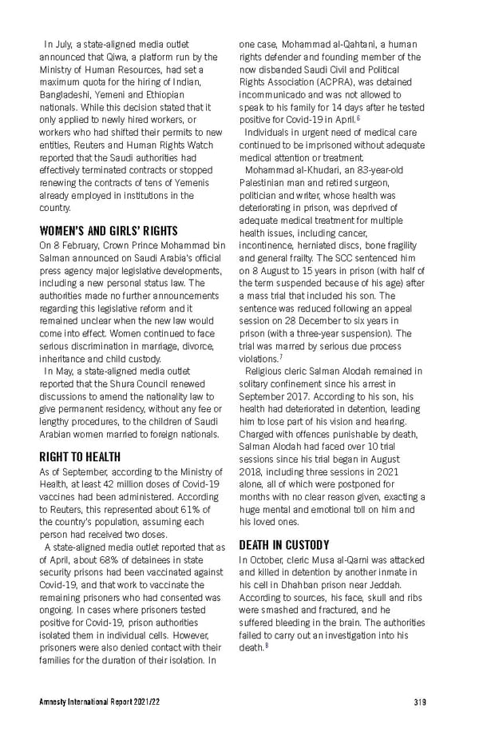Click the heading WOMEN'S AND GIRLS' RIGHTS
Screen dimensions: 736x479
tap(109, 231)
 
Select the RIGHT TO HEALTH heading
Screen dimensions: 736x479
tap(80, 457)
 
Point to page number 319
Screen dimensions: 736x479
tap(420, 702)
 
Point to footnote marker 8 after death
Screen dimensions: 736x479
tap(264, 646)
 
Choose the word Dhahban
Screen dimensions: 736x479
tap(299, 585)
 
